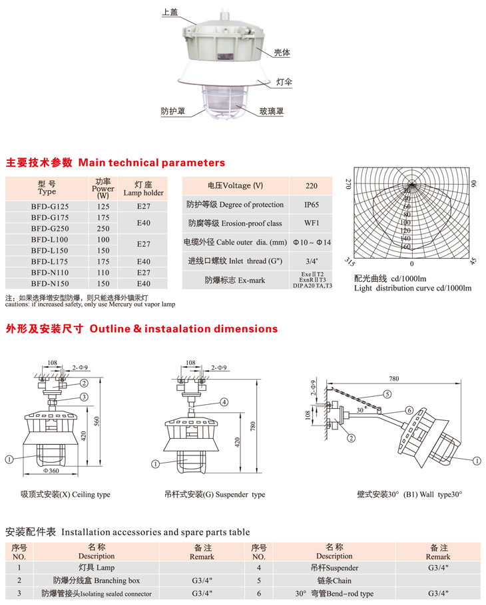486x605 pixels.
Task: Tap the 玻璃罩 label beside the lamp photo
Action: click(272, 111)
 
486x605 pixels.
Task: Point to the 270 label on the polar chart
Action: click(347, 184)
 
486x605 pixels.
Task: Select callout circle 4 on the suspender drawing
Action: click(224, 402)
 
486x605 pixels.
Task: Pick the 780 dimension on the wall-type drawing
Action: click(393, 378)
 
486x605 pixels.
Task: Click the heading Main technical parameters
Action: click(152, 163)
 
